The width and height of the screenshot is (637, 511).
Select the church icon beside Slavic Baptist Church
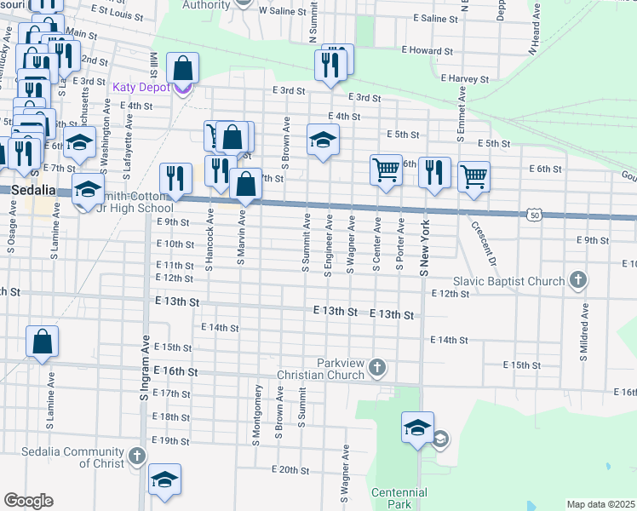tap(577, 280)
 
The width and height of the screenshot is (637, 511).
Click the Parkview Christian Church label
tap(320, 369)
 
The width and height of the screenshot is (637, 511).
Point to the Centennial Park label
tap(399, 498)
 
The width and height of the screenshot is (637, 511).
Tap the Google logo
tap(27, 501)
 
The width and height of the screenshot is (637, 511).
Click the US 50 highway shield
tap(533, 215)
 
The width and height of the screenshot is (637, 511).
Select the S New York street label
tap(423, 248)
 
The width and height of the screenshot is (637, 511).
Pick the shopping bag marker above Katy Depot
tap(183, 68)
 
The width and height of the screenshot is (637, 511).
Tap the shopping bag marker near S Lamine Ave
tap(42, 342)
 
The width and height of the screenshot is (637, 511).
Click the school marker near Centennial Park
tap(417, 428)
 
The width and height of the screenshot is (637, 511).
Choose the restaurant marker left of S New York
tap(434, 174)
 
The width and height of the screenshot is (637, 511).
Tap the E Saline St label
tap(434, 18)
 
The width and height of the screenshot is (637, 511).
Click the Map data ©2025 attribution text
tap(600, 504)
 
